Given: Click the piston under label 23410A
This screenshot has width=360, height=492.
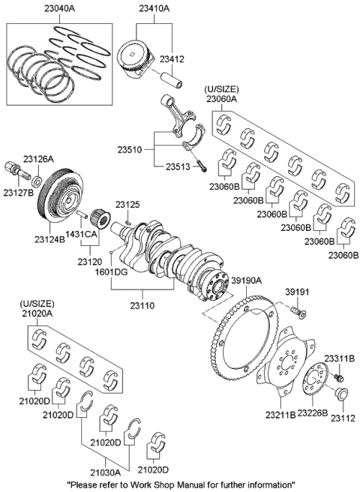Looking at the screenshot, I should tap(140, 58).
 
